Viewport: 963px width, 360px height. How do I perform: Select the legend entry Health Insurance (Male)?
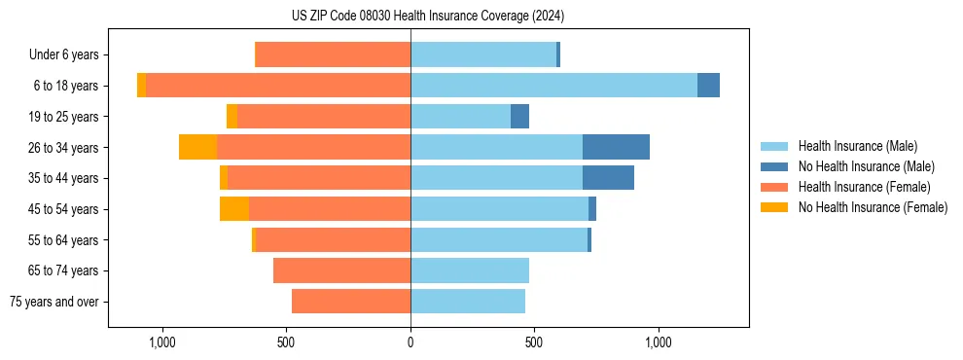click(857, 146)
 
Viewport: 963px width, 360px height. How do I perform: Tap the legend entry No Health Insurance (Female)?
click(873, 207)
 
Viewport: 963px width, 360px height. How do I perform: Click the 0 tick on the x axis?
click(410, 342)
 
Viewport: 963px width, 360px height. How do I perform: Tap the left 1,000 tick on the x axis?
click(161, 342)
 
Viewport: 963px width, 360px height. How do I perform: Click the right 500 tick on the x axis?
click(534, 342)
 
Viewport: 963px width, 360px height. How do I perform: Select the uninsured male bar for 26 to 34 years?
click(616, 147)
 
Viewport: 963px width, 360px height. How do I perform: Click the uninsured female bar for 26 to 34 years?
click(197, 147)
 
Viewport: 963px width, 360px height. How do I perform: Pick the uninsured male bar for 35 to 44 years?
click(608, 178)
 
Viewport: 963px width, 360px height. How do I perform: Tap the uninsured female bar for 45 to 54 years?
click(233, 209)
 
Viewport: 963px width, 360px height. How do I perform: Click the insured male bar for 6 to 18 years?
click(553, 86)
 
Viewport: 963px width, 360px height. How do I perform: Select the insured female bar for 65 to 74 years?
click(341, 270)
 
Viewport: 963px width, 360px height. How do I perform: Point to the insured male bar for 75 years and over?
click(468, 302)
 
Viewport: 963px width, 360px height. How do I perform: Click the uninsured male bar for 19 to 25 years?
click(519, 117)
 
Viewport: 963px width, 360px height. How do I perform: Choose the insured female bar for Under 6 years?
click(333, 55)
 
